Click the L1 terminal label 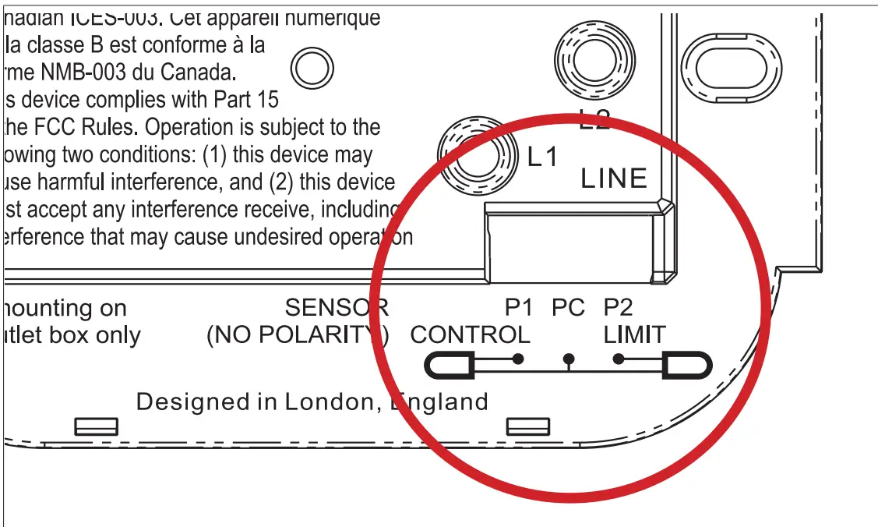click(543, 157)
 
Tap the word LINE click(614, 179)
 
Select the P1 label click(518, 308)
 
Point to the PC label click(568, 308)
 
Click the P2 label click(619, 308)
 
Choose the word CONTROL click(470, 335)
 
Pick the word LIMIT click(634, 335)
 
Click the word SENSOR click(337, 308)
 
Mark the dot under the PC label click(569, 359)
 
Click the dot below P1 click(518, 359)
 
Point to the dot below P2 click(619, 359)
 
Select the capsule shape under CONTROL click(449, 365)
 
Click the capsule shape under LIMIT click(686, 365)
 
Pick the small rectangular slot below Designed click(96, 426)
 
